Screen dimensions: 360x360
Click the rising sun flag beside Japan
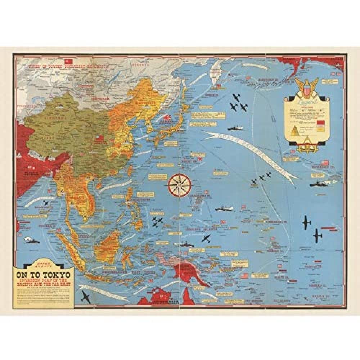click(x=168, y=117)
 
